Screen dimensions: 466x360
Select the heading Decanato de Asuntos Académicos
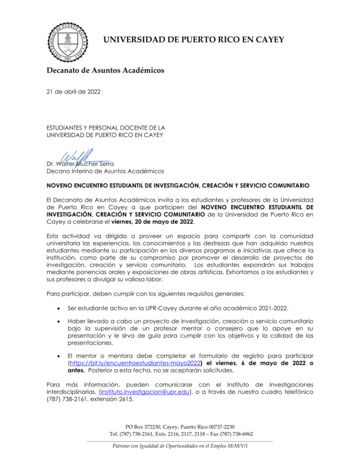point(105,70)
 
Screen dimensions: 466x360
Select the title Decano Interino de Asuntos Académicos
point(105,171)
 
